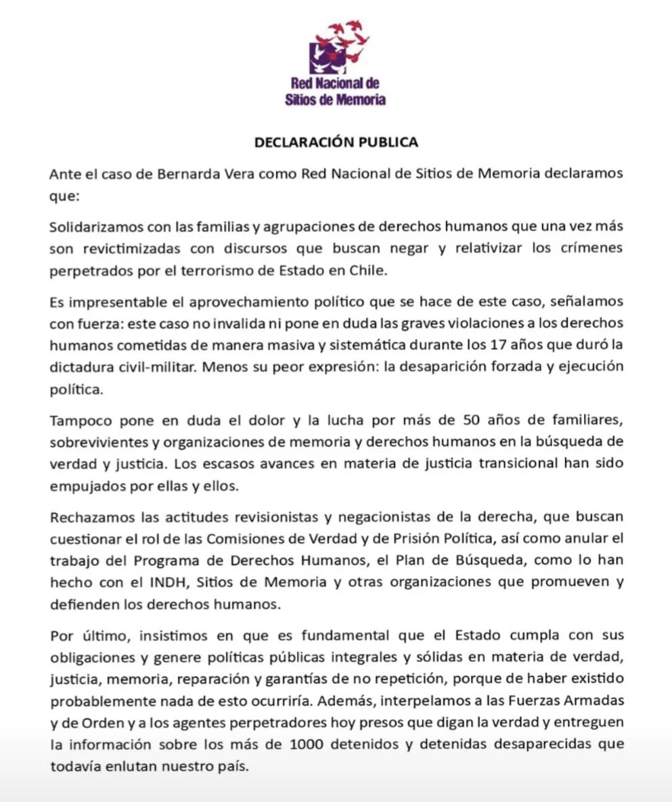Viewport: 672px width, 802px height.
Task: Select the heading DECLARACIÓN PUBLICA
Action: click(x=336, y=142)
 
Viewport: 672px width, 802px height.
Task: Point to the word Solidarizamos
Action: click(x=91, y=228)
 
